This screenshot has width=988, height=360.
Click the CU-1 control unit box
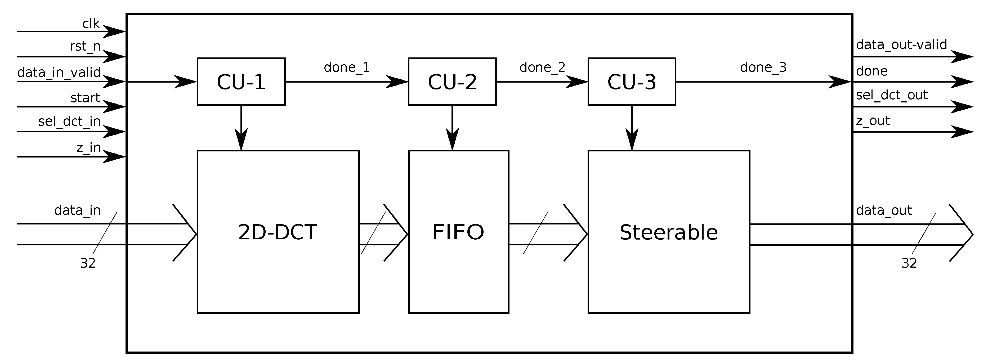point(241,82)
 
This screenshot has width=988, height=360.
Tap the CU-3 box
point(632,82)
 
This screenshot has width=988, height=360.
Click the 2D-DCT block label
point(278,232)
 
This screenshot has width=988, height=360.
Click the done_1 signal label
point(347,67)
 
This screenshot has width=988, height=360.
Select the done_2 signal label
point(542,67)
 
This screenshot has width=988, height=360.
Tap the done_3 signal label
point(763,67)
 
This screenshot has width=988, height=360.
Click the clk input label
point(91,24)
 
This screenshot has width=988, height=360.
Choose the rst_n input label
point(85,46)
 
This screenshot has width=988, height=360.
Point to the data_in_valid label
point(59,72)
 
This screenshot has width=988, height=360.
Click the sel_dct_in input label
point(69,121)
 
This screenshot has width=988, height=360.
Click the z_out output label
point(873,121)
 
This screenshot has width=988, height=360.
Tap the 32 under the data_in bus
point(87,263)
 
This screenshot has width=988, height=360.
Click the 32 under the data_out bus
point(909,263)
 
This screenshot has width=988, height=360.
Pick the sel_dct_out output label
point(892,95)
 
